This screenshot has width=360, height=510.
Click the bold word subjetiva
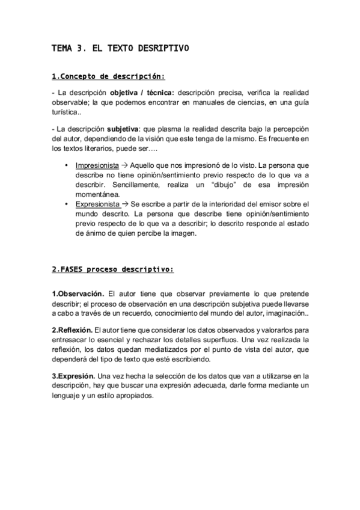[x=122, y=129]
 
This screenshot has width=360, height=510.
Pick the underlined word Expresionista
[x=97, y=204]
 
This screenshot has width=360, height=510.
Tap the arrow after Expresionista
[x=126, y=204]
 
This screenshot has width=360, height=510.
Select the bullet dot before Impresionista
[x=66, y=165]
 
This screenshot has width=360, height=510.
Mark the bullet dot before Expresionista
[x=66, y=204]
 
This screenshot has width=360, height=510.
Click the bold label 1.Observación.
[x=78, y=293]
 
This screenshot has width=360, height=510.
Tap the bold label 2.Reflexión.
[x=72, y=330]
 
